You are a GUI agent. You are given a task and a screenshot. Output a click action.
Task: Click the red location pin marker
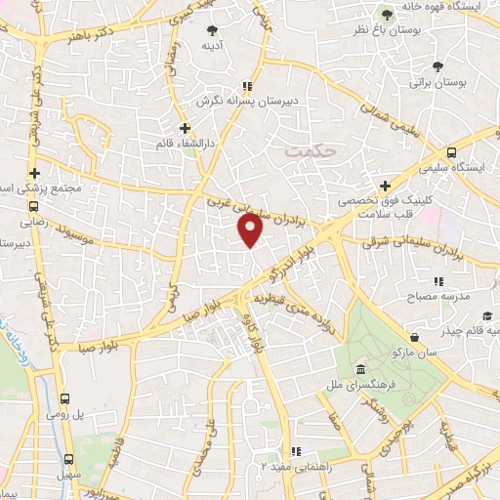[251, 229]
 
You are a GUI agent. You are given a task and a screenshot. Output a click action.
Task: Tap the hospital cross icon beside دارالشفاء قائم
[184, 127]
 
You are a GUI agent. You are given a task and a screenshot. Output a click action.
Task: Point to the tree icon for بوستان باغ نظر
[388, 14]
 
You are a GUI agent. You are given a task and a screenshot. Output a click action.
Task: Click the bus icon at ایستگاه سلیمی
[451, 152]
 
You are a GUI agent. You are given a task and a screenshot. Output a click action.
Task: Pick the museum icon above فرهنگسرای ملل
[361, 370]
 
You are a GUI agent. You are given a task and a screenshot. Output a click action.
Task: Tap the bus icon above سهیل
[68, 459]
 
